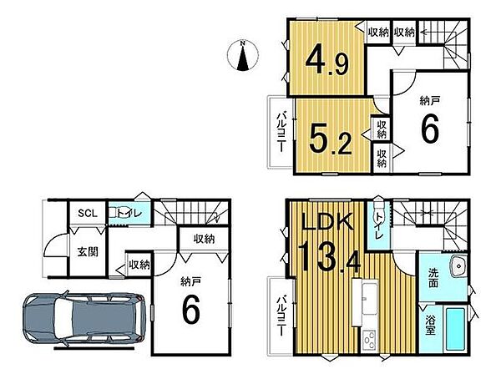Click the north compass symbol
243,55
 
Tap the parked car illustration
84,320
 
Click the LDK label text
327,221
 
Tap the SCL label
88,214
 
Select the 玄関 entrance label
88,252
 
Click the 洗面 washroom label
433,277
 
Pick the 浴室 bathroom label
430,326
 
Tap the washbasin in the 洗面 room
458,265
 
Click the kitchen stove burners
369,341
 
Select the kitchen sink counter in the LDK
366,302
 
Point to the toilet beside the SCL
113,213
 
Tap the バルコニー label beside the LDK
281,316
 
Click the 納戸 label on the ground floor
190,282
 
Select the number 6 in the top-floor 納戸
430,129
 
